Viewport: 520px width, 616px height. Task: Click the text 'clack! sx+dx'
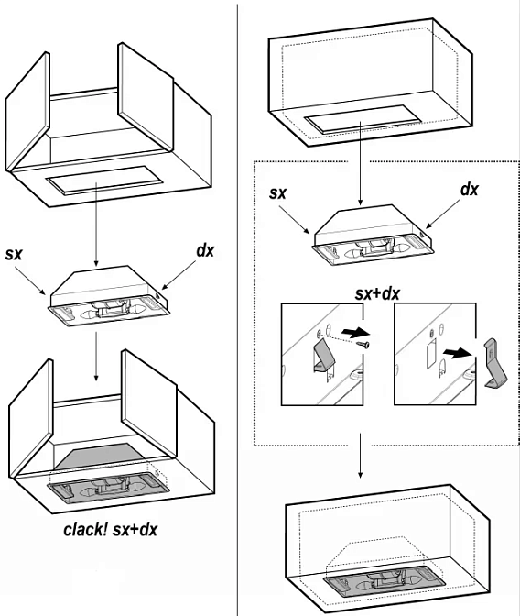110,529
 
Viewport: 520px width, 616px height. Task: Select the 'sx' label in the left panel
14,254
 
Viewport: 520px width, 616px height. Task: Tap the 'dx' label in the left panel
206,250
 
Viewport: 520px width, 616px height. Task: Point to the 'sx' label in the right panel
278,192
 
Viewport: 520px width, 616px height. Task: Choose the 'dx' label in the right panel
470,190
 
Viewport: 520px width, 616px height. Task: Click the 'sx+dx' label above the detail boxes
377,294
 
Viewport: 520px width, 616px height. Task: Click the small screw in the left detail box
363,345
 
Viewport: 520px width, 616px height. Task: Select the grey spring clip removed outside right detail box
495,363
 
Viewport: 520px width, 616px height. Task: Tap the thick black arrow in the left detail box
355,333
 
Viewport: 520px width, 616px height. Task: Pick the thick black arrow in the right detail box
458,353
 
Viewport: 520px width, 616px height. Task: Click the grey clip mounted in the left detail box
325,356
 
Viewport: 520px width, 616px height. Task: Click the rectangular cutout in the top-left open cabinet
104,180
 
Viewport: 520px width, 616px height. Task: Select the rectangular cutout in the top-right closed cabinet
363,118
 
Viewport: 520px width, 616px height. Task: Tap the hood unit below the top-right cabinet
372,235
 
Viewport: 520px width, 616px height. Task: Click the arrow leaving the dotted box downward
361,456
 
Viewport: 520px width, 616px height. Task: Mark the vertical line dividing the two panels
238,308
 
